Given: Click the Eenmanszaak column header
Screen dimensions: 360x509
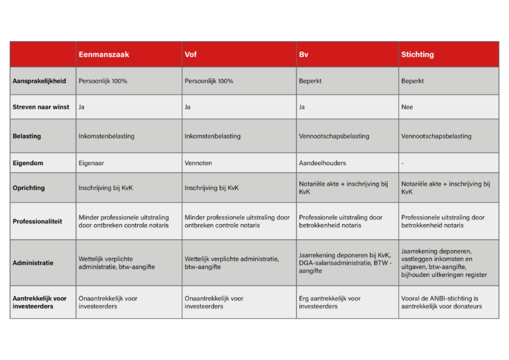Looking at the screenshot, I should [103, 54].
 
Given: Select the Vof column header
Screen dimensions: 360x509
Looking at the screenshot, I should [191, 54].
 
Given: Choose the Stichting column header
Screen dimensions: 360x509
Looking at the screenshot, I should [418, 54].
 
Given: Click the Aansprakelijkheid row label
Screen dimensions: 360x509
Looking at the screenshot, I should [39, 81].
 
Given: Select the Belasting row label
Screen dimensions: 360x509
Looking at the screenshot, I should [27, 136].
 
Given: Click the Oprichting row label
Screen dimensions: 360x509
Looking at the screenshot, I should [28, 188].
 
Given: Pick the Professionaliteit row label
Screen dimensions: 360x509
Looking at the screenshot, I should [37, 221].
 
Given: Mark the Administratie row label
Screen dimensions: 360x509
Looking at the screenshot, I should [32, 263].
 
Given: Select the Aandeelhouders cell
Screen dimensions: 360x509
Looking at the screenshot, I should [322, 162].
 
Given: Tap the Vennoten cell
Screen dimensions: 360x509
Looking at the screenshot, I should [198, 162].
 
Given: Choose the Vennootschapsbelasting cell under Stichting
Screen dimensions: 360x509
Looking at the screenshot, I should [436, 136].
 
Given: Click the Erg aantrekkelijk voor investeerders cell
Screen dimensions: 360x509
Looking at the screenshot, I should [329, 302].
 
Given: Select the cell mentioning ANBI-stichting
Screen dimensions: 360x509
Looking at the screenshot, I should [441, 302].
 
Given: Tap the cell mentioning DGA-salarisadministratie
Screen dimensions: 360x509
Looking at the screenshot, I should [345, 263].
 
